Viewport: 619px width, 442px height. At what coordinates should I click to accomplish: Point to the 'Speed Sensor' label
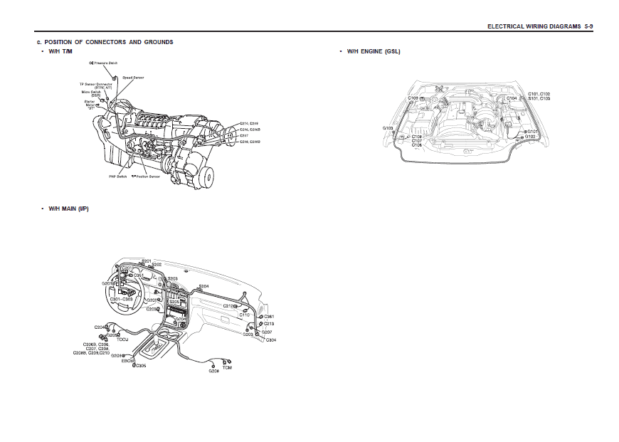pyautogui.click(x=133, y=77)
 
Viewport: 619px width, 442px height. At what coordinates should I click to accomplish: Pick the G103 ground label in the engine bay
pyautogui.click(x=388, y=128)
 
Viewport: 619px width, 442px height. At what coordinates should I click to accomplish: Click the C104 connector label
pyautogui.click(x=512, y=98)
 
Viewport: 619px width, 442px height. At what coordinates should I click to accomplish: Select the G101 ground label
pyautogui.click(x=532, y=131)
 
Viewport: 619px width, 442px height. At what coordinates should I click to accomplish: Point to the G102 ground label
pyautogui.click(x=531, y=136)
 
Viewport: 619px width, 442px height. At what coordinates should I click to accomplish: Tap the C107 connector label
pyautogui.click(x=417, y=140)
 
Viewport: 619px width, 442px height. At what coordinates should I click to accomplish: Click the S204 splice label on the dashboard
pyautogui.click(x=203, y=286)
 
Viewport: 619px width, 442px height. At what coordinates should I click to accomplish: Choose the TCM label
pyautogui.click(x=227, y=368)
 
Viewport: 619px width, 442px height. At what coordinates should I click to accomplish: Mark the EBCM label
pyautogui.click(x=128, y=361)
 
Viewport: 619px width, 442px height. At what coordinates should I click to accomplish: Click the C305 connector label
pyautogui.click(x=142, y=366)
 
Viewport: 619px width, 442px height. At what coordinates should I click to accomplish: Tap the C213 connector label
pyautogui.click(x=269, y=324)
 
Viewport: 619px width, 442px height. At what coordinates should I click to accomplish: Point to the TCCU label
pyautogui.click(x=122, y=339)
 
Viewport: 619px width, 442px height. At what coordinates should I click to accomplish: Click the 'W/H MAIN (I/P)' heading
pyautogui.click(x=68, y=209)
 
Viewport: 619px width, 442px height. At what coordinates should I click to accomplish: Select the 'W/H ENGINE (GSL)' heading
pyautogui.click(x=374, y=52)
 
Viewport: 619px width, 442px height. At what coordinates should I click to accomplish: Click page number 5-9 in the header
pyautogui.click(x=589, y=26)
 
